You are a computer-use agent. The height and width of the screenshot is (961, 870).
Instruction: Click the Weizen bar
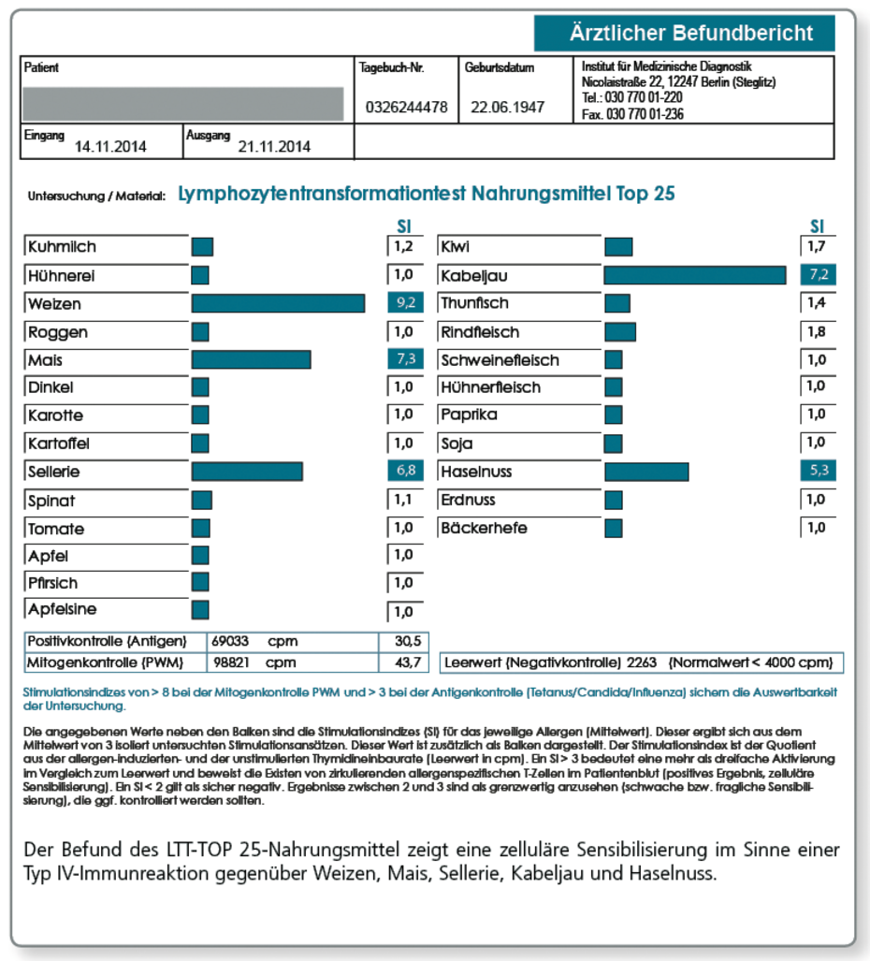pos(278,303)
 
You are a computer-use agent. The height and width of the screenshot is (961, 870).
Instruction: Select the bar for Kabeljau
pos(695,275)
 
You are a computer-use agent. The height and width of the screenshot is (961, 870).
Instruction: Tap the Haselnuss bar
pos(646,472)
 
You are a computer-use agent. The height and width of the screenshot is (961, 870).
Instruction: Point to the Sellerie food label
pos(54,472)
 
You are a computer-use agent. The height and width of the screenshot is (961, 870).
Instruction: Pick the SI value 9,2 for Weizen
pos(402,303)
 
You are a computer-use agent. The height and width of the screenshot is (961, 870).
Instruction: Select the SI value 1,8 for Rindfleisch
pos(816,332)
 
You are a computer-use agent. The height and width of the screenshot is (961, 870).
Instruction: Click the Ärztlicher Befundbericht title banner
pos(690,34)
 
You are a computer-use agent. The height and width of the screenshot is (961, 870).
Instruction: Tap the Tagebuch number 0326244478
pos(406,108)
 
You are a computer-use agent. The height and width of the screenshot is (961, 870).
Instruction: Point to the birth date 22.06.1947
pos(507,108)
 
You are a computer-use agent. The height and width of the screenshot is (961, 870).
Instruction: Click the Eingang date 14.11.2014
pos(110,147)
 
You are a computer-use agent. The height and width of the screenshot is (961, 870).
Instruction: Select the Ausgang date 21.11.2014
pos(274,147)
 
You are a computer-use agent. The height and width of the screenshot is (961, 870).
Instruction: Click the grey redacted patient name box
pos(182,103)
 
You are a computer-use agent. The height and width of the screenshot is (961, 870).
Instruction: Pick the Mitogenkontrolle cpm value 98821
pos(234,663)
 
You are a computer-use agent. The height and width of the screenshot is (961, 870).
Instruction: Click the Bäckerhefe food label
pos(484,528)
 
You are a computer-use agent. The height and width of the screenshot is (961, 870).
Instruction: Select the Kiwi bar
pos(618,247)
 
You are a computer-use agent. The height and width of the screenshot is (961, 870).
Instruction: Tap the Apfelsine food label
pos(62,610)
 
